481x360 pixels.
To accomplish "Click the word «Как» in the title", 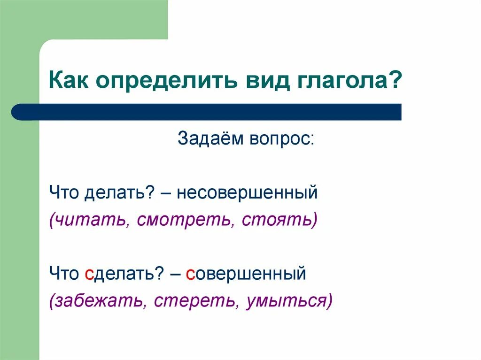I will point(70,82).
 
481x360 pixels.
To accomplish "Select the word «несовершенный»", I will point(248,193).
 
